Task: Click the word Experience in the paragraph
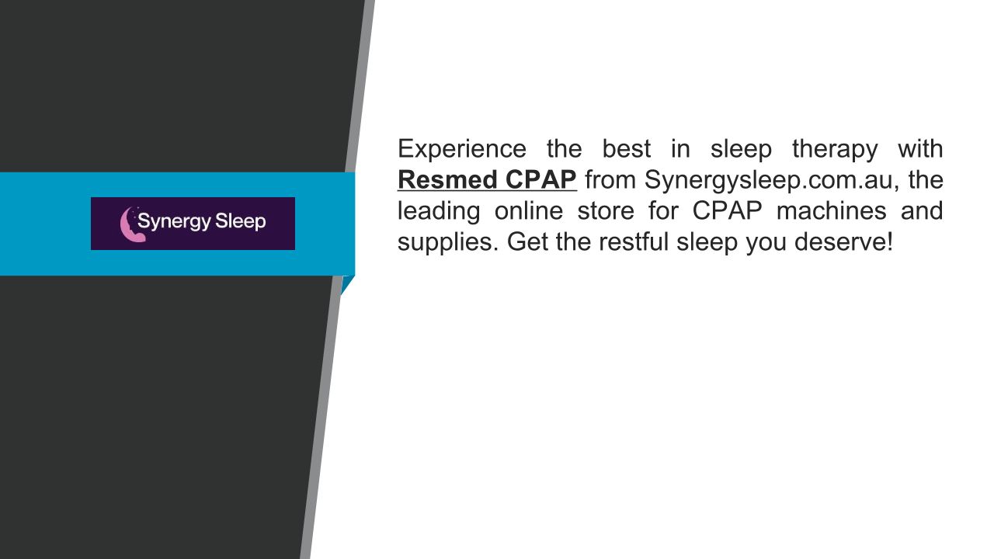point(462,149)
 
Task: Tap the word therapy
point(835,149)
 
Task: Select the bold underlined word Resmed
point(447,179)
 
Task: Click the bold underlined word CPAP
point(541,179)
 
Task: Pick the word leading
point(439,211)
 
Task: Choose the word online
point(529,210)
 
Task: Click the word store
point(606,211)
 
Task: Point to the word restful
point(634,241)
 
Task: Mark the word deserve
point(840,242)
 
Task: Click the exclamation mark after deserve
point(890,241)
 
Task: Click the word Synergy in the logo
point(174,222)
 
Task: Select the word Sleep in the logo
point(241,222)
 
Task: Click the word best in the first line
point(627,149)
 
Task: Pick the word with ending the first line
point(921,149)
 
